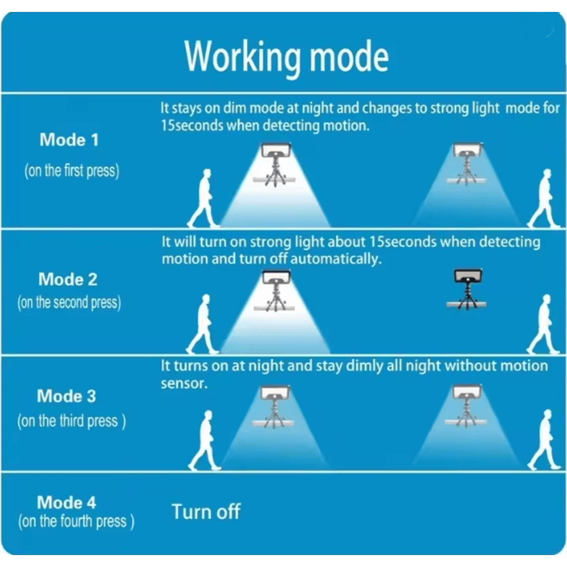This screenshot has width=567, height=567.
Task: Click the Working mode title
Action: click(x=286, y=57)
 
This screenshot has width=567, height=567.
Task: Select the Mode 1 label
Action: click(x=69, y=140)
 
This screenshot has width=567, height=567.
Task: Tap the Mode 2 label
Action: click(x=68, y=280)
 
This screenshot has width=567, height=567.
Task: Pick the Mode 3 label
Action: click(x=67, y=396)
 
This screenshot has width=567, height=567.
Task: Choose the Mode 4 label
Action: click(x=66, y=502)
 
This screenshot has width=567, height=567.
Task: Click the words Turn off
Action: click(x=206, y=511)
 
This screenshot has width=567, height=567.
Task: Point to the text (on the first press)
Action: click(x=71, y=171)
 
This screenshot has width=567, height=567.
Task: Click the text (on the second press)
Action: click(x=69, y=303)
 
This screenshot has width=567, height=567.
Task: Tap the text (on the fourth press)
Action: click(x=76, y=522)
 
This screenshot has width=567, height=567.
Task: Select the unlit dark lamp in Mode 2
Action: click(x=467, y=289)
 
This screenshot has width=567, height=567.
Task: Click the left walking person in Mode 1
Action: click(x=204, y=198)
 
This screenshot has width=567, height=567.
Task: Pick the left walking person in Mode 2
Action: click(x=204, y=324)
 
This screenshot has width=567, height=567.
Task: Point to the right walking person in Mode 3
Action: click(x=543, y=440)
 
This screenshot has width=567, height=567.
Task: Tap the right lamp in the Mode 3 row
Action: click(x=467, y=404)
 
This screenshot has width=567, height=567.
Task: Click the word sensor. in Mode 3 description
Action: click(x=184, y=383)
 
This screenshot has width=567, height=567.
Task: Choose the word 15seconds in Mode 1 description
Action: click(x=192, y=125)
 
